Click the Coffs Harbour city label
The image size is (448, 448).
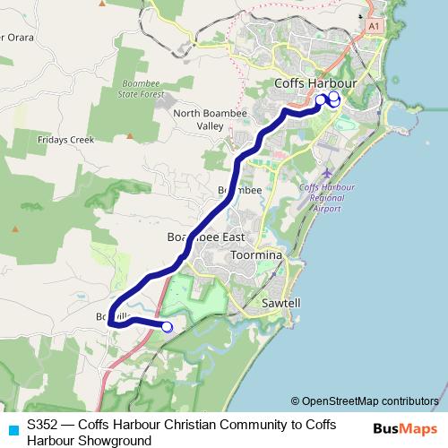314,82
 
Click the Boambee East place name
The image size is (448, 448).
206,237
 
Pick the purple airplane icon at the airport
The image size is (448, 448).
327,171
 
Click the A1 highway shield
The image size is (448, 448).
372,27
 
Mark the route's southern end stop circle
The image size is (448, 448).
167,326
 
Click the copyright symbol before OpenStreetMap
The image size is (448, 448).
296,401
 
